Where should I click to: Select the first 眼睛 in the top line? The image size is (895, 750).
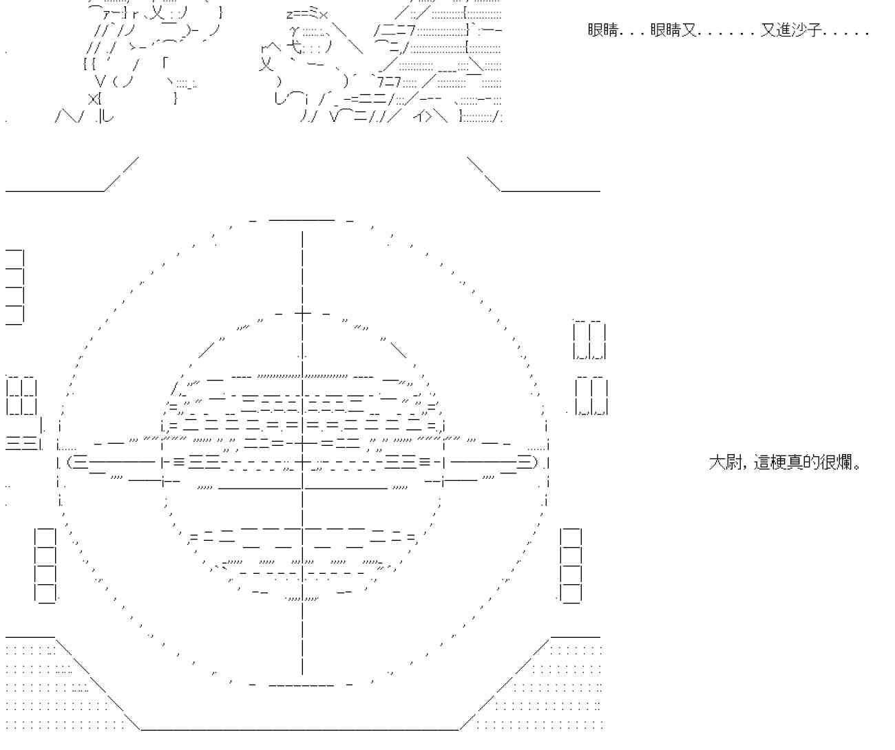(604, 31)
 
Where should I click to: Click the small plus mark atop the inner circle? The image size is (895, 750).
(302, 313)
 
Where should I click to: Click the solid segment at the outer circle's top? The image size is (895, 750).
(301, 220)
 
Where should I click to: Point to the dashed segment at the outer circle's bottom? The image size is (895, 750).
(301, 685)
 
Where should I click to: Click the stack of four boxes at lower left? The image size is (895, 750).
(45, 566)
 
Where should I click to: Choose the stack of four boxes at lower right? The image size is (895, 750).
(571, 566)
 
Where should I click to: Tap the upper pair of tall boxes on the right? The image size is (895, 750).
(589, 340)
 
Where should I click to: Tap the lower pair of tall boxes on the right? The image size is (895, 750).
(591, 397)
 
